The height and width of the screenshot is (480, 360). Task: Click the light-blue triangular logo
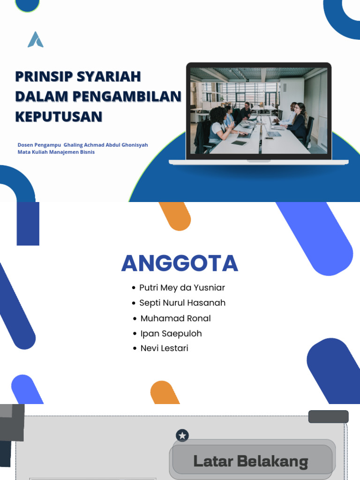point(36,40)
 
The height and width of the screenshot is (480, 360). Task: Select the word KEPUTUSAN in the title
point(59,116)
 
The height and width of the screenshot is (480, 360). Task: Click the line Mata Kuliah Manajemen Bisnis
point(56,152)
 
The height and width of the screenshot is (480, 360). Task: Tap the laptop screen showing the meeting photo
point(258,111)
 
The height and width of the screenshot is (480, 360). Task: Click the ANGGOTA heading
point(180,263)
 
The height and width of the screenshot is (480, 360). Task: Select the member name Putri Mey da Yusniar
point(182,288)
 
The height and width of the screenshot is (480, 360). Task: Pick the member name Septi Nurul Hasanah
point(182,303)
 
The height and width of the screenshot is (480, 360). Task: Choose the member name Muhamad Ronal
point(175,318)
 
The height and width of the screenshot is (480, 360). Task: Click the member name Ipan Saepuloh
point(171,334)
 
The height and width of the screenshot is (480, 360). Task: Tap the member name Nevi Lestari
point(164,348)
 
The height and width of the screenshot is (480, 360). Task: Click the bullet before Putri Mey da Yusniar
point(134,288)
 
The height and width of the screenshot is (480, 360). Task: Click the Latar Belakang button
point(251,462)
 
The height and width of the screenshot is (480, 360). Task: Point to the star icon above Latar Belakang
point(182,436)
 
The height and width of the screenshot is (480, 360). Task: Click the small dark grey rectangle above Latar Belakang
point(328,417)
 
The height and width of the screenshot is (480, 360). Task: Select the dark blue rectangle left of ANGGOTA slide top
point(28,224)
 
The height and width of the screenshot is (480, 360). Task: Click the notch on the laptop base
point(258,161)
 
